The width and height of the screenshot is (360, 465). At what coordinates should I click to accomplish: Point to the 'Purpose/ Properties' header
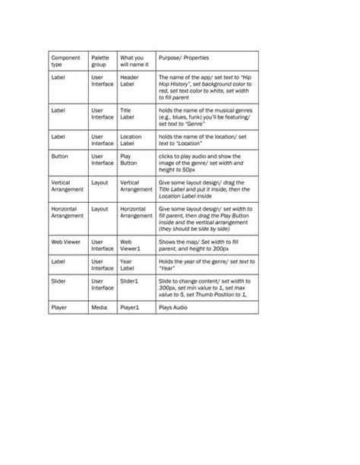pos(183,59)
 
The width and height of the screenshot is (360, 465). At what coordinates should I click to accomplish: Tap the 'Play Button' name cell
pos(128,160)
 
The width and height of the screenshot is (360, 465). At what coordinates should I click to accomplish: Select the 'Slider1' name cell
pos(129,281)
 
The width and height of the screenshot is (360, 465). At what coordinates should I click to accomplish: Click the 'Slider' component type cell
pos(59,281)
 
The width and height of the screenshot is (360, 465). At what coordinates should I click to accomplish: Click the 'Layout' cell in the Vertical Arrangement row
pos(99,183)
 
